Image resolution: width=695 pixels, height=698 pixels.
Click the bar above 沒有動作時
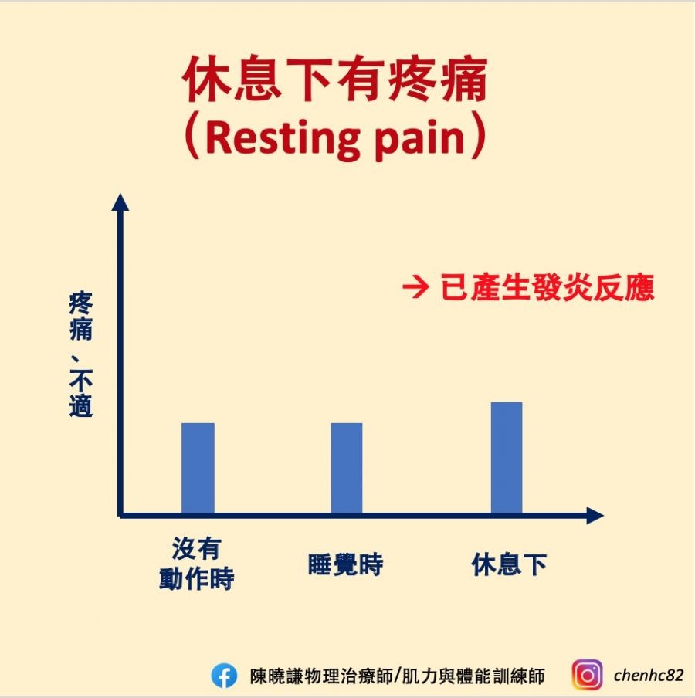click(198, 468)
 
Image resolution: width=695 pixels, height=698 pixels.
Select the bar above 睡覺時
click(347, 468)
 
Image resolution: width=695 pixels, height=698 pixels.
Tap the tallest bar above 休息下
click(507, 458)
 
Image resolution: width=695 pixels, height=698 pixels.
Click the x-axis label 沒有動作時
click(196, 563)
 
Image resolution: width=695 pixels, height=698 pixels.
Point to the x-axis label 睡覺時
click(345, 564)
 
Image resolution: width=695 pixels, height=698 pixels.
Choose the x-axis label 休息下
click(509, 564)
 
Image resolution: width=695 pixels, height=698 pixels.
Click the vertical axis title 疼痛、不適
click(80, 354)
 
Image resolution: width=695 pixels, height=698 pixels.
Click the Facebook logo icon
click(224, 676)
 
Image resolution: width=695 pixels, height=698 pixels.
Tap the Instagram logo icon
click(587, 675)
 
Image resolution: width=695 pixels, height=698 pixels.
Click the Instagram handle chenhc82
click(648, 676)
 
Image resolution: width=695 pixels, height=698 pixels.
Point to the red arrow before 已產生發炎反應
click(416, 287)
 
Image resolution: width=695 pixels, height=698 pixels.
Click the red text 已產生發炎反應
click(548, 287)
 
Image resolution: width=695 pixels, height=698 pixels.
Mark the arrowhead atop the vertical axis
click(120, 202)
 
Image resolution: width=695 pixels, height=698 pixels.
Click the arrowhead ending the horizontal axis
click(595, 516)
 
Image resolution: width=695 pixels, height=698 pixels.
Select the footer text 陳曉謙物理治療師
click(321, 676)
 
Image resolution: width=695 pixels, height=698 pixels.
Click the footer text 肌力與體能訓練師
click(473, 676)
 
